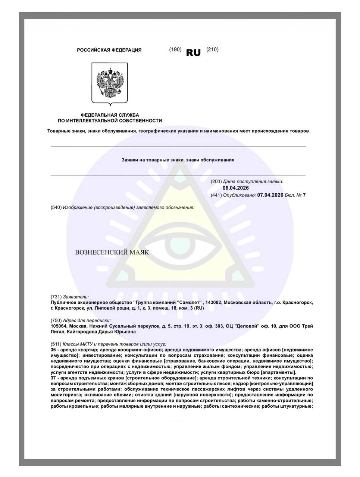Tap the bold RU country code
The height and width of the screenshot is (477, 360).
click(193, 53)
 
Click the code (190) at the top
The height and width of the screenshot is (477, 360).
click(175, 50)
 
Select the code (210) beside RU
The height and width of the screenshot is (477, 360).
click(212, 50)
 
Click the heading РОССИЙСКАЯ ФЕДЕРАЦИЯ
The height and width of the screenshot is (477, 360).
click(109, 50)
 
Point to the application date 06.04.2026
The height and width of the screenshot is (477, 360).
click(235, 188)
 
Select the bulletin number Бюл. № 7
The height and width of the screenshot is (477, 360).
click(295, 195)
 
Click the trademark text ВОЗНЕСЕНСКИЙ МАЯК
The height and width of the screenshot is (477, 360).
click(112, 252)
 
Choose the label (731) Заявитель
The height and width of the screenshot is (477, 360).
click(70, 297)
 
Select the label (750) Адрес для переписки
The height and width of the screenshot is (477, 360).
click(81, 320)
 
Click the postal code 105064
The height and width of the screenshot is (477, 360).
click(59, 326)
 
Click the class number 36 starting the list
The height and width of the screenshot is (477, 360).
click(53, 350)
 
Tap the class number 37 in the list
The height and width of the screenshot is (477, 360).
click(53, 378)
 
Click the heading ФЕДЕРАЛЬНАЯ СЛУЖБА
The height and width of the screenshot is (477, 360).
click(110, 115)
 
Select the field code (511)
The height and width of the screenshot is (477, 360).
click(56, 344)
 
